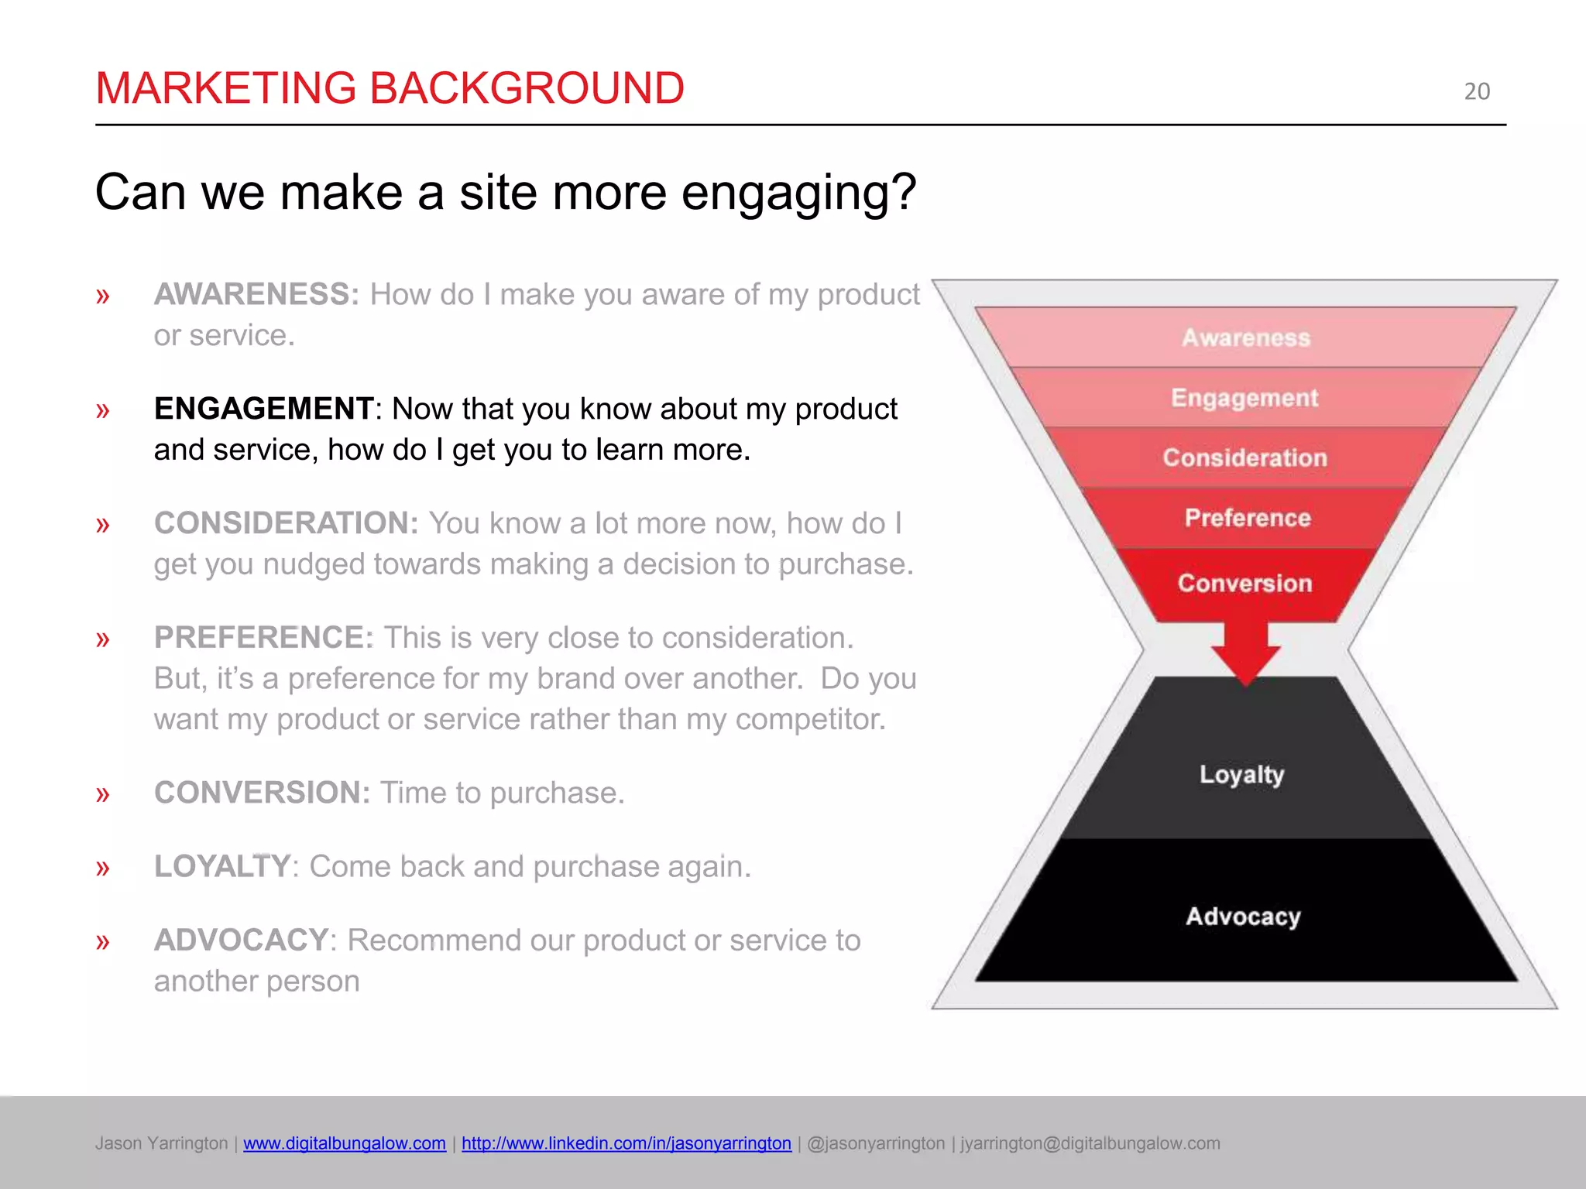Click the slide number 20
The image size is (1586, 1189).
pos(1476,91)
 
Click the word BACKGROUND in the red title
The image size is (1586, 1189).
pos(527,87)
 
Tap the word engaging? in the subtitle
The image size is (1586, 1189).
pos(798,193)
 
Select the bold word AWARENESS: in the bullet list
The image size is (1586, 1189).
pos(256,294)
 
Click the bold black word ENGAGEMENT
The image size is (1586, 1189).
pos(263,409)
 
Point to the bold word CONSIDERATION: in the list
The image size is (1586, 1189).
pos(286,523)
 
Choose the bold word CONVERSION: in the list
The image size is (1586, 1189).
pos(262,793)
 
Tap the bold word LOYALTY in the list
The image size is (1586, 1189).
pos(221,866)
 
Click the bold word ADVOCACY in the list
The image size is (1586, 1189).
pos(241,940)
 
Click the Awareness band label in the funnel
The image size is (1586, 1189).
pos(1245,338)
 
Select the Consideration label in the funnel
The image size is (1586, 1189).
pos(1244,457)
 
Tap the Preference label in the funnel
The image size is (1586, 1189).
pos(1247,518)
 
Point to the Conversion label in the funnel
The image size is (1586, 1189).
pos(1244,583)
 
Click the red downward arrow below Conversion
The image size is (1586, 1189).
pos(1245,654)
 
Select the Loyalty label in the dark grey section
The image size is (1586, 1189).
pos(1241,774)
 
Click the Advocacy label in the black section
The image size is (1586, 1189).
pos(1243,917)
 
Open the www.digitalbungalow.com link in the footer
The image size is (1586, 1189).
pos(344,1143)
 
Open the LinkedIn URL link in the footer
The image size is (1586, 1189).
pos(626,1143)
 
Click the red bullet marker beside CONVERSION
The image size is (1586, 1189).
pos(102,794)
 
